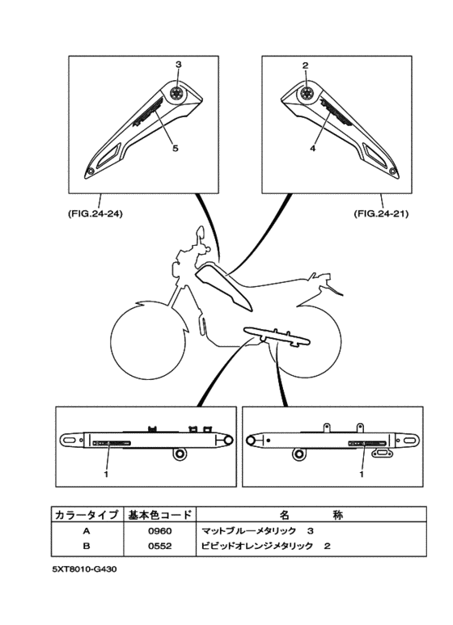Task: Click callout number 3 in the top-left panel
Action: point(178,64)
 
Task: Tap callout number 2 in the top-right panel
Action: point(306,64)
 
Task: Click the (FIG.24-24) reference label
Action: point(90,214)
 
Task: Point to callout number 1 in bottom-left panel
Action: point(106,475)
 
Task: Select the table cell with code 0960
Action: point(159,531)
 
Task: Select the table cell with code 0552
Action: point(159,547)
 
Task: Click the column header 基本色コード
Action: point(159,515)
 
